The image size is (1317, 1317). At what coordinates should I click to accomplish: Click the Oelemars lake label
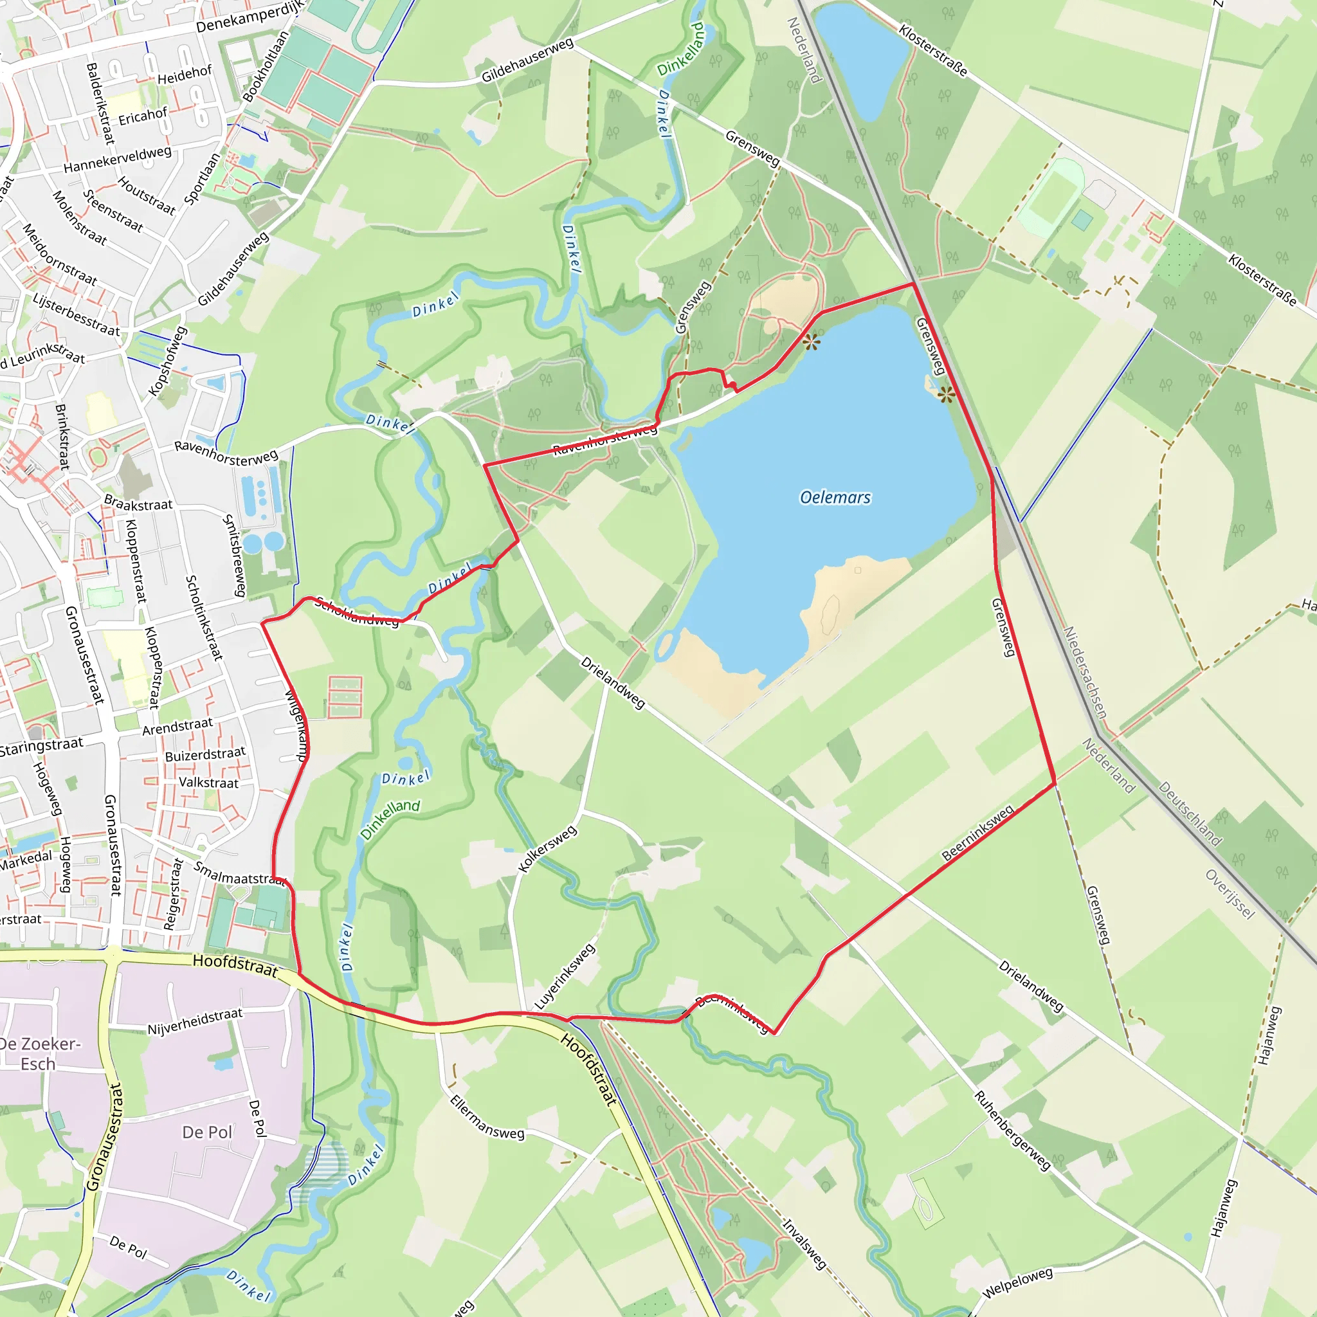(x=835, y=498)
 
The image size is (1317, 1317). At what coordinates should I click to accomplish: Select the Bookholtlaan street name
(x=266, y=67)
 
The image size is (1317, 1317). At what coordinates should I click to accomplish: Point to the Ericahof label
(x=143, y=116)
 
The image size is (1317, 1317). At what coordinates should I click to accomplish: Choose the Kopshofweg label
(x=168, y=361)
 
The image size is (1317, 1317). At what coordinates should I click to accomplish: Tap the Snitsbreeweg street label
(x=235, y=556)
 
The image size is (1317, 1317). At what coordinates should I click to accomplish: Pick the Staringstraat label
(x=41, y=747)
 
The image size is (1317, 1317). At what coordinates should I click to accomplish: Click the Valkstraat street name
(x=208, y=783)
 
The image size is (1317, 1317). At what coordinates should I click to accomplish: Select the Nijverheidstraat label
(x=195, y=1021)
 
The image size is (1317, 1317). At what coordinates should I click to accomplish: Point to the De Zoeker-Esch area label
(x=39, y=1054)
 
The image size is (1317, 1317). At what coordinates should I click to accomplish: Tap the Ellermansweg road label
(x=487, y=1117)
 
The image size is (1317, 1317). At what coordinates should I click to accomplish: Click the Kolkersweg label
(x=547, y=849)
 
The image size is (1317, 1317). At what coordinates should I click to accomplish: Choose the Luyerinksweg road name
(x=565, y=976)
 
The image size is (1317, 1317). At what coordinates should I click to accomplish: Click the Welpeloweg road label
(x=1018, y=1282)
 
